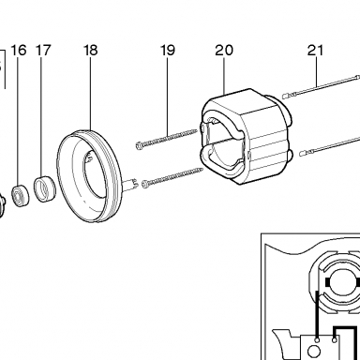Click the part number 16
19,51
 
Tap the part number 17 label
43,51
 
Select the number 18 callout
91,51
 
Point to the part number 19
168,51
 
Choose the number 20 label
224,51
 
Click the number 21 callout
315,51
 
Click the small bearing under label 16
21,196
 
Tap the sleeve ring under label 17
45,189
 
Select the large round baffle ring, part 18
89,176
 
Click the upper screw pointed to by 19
167,138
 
